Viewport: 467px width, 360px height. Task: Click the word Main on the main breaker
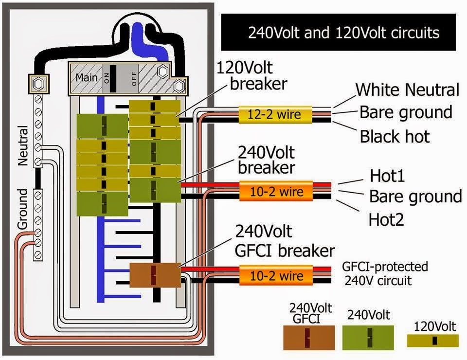click(87, 77)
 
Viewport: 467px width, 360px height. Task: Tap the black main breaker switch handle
click(113, 79)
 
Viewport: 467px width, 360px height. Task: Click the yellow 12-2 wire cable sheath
click(275, 115)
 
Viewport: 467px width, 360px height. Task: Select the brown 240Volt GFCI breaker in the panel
click(155, 275)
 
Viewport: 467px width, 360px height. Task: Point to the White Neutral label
click(408, 90)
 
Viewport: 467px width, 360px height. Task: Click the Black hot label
click(395, 137)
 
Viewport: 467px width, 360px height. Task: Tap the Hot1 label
click(387, 176)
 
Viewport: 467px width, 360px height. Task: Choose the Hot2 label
click(386, 220)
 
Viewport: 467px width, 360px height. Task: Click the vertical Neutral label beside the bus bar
click(23, 145)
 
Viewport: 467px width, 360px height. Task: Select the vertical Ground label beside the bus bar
click(23, 209)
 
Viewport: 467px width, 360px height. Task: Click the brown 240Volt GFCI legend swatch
click(309, 338)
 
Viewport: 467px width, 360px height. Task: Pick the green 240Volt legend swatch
click(368, 338)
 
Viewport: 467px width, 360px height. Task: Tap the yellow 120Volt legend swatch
click(433, 341)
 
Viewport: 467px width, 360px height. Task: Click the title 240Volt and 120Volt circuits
click(344, 33)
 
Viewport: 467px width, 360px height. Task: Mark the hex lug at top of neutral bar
click(38, 84)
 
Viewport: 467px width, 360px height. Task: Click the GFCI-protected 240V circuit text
click(385, 273)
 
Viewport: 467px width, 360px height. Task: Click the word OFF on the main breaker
click(134, 79)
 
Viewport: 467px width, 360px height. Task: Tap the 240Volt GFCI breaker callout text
click(285, 241)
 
